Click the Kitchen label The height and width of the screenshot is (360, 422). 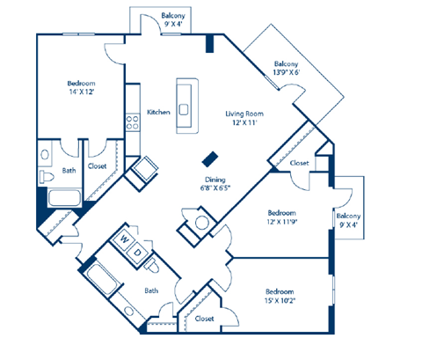pos(158,112)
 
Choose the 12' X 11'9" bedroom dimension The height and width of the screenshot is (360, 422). pos(281,224)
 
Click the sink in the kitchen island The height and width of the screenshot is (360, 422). pos(186,109)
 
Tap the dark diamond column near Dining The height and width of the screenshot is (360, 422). pos(209,158)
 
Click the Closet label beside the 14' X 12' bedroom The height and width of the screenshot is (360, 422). pos(97,165)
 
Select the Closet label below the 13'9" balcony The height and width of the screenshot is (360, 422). pos(299,163)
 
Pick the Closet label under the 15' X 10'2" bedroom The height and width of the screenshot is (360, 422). pos(205,318)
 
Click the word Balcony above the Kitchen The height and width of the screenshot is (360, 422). pos(172,16)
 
